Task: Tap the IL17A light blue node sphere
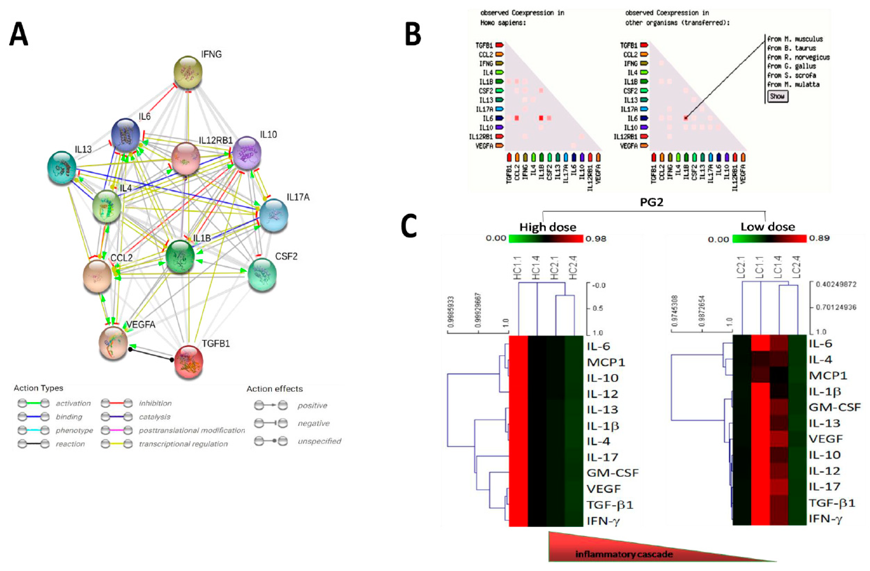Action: click(x=271, y=215)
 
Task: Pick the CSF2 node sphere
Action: click(x=262, y=274)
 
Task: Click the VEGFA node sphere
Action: click(x=113, y=343)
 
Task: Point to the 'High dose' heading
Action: click(x=548, y=227)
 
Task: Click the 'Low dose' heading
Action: click(x=768, y=227)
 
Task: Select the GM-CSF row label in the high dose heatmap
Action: click(x=613, y=473)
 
